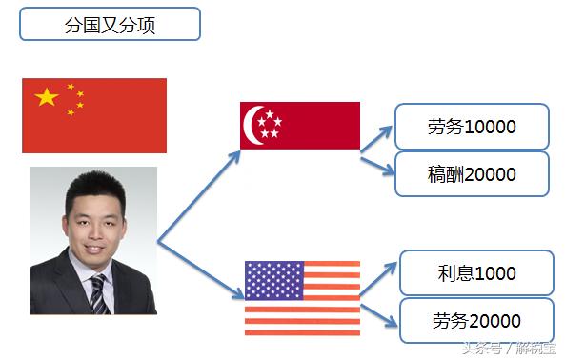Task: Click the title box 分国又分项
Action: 110,24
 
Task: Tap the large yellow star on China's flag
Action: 47,96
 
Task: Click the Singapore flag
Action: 300,126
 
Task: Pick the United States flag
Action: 302,297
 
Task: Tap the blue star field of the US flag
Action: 273,280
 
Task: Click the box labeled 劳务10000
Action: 473,126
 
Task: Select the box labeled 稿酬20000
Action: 473,174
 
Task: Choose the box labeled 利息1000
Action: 476,273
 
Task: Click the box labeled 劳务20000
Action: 476,321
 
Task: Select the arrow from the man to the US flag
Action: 200,268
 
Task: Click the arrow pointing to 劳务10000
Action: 378,137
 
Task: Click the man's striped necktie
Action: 97,292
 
